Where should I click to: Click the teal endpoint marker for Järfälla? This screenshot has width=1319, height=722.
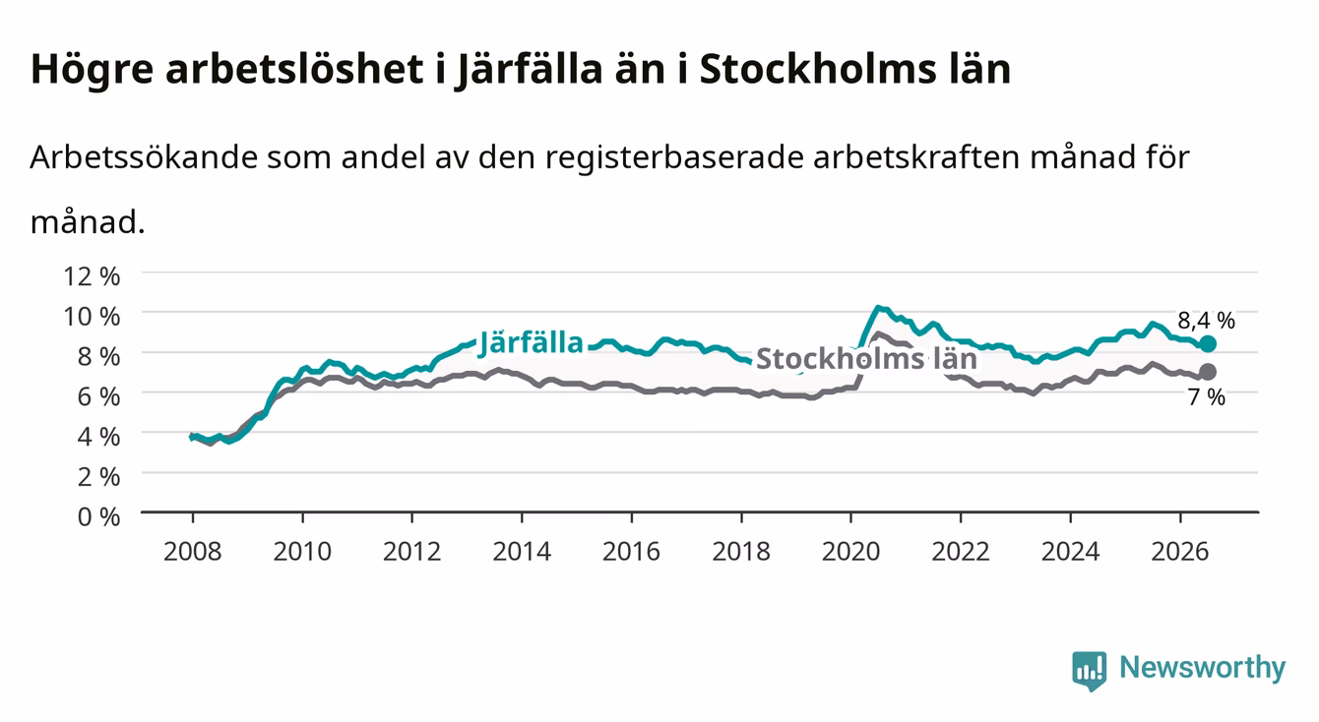[1208, 344]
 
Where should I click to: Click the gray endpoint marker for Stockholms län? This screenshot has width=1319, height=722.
[1208, 372]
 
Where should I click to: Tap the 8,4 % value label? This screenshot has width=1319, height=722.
[1206, 321]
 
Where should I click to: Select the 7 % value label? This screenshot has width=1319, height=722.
[1206, 397]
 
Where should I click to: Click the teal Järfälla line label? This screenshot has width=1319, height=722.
[531, 343]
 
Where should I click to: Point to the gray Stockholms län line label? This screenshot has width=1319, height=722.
[866, 358]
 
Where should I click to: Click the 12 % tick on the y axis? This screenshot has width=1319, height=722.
[92, 276]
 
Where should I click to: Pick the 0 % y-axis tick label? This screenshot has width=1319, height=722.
[98, 516]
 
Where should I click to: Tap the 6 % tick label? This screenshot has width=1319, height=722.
[98, 396]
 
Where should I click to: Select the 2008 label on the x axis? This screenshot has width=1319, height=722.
[193, 552]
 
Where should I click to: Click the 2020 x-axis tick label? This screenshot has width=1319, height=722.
[850, 552]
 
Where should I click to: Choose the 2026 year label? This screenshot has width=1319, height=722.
[1180, 552]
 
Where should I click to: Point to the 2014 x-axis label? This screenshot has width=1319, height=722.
[522, 552]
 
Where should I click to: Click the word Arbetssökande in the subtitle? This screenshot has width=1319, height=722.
[144, 157]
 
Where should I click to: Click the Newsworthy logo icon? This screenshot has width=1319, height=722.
[1090, 671]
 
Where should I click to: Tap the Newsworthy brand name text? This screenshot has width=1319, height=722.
[1203, 669]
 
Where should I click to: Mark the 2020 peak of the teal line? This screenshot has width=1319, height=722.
[877, 307]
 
